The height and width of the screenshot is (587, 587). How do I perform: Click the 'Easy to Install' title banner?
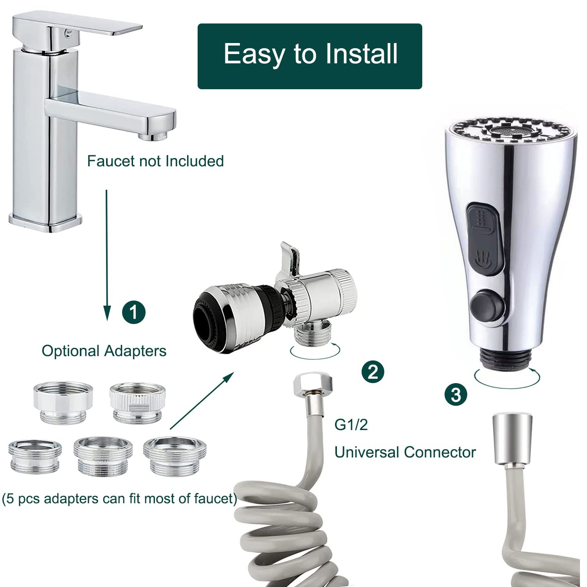310,56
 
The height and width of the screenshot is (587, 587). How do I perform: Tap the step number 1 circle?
134,312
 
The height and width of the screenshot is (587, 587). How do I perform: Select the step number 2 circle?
373,371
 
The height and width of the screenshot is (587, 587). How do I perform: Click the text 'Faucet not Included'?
155,161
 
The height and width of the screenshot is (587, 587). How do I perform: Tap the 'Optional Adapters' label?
104,351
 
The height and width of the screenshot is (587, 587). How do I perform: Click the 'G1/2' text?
351,425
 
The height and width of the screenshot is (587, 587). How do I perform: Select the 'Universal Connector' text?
405,452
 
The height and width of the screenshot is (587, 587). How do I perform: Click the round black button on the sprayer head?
487,303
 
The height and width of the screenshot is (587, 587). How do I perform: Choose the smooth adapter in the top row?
63,402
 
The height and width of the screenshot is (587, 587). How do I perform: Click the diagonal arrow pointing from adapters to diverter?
202,400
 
